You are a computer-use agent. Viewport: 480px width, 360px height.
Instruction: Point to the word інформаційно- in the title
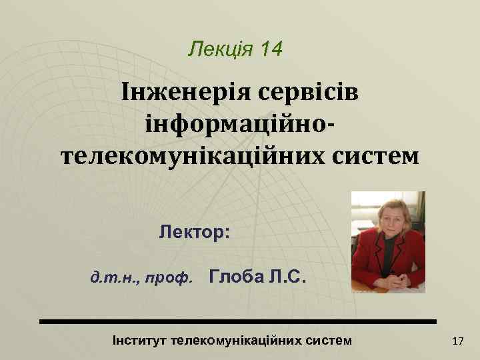[239, 125]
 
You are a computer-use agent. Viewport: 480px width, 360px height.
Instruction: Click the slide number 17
[458, 341]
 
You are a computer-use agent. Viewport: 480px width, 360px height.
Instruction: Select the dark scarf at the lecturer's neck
[389, 249]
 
